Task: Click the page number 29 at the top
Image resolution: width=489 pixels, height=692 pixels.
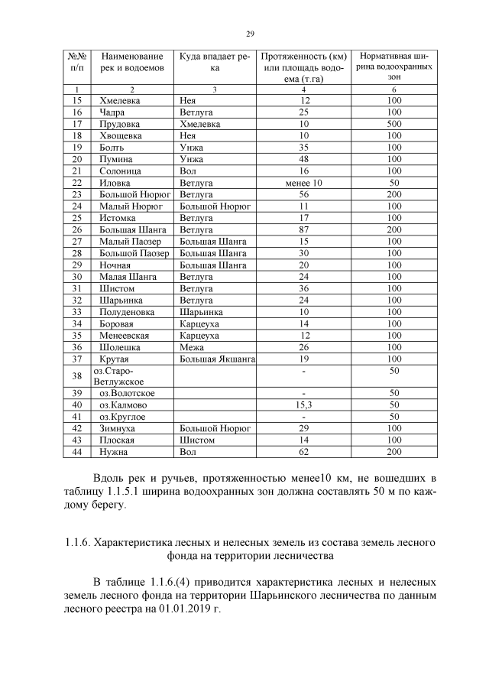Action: [x=249, y=33]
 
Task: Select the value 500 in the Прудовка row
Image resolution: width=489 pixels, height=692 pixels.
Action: [x=394, y=123]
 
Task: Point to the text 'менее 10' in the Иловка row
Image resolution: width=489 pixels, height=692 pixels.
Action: [x=304, y=184]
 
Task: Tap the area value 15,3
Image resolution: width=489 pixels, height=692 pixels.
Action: [x=304, y=404]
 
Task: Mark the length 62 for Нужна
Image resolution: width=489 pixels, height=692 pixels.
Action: [x=305, y=453]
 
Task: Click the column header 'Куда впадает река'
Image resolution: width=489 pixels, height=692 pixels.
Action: [x=215, y=62]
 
